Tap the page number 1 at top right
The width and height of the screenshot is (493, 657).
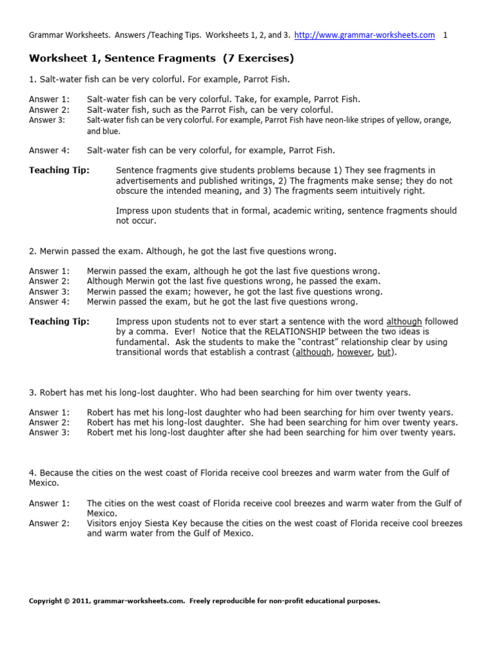(445, 35)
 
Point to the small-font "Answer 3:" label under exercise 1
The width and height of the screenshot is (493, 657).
(47, 120)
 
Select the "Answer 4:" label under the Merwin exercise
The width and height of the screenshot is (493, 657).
(49, 302)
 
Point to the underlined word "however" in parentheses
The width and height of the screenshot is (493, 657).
(354, 352)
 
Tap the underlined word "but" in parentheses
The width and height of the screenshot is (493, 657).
(384, 352)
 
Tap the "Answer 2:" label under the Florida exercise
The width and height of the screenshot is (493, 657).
(49, 524)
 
